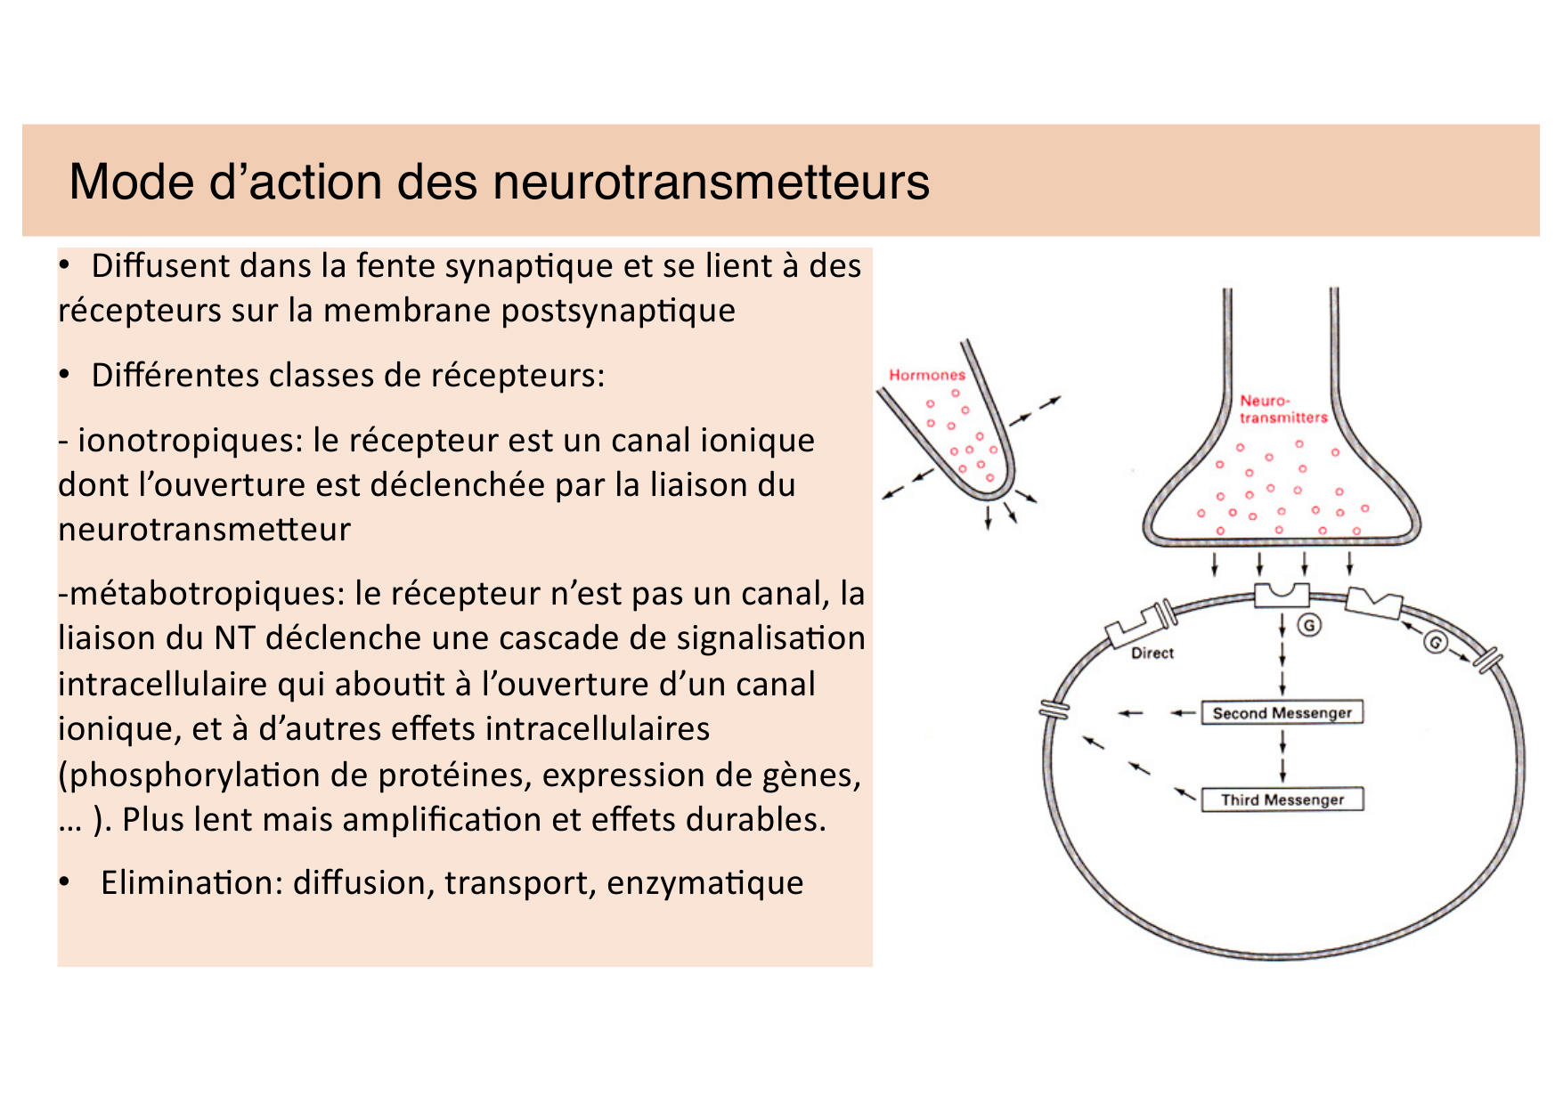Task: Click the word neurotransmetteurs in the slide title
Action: [711, 182]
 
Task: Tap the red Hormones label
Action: [926, 375]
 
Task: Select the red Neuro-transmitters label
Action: [1282, 410]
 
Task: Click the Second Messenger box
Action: [1282, 713]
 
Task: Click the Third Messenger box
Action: [1282, 800]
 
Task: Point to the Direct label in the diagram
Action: [1152, 653]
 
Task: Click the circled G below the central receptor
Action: [1308, 626]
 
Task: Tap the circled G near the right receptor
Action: [1435, 642]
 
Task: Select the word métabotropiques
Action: [206, 594]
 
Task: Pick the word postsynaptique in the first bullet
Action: [618, 311]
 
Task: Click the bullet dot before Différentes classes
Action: [64, 376]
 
